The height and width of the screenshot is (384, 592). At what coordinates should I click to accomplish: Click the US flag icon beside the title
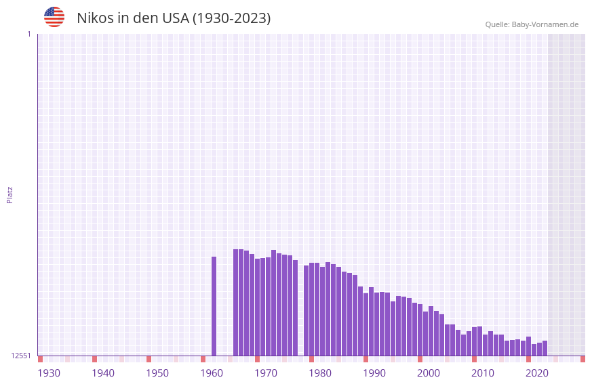click(54, 17)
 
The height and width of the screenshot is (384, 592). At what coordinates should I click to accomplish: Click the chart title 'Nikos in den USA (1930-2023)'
click(174, 18)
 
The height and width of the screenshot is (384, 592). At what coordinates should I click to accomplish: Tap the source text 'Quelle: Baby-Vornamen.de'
click(532, 24)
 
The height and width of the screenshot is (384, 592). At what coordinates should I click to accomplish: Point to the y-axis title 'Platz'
click(9, 194)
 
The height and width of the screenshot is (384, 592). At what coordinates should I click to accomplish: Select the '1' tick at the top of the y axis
click(28, 34)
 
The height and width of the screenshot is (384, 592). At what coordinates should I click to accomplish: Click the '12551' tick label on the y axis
click(21, 356)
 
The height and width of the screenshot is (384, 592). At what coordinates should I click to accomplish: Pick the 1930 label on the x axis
click(49, 373)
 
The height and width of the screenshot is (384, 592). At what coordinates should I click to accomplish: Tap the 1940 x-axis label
click(103, 373)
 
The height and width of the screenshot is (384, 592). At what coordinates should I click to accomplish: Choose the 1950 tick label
click(157, 373)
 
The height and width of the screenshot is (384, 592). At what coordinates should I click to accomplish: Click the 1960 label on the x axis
click(212, 373)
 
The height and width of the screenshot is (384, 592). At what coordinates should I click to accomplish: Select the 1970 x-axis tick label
click(266, 373)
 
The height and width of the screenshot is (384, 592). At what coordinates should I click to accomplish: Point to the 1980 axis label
click(320, 373)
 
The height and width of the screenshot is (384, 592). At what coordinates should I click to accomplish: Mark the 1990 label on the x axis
click(374, 373)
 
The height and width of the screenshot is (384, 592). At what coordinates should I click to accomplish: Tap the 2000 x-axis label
click(429, 373)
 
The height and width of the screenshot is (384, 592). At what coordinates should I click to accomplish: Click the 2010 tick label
click(483, 373)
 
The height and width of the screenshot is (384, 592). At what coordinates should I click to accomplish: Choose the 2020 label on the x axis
click(537, 373)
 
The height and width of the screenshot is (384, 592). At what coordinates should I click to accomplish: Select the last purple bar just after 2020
click(545, 348)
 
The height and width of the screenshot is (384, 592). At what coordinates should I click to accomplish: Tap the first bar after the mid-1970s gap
click(307, 310)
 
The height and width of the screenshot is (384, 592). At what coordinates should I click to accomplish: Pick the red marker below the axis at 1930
click(41, 359)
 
